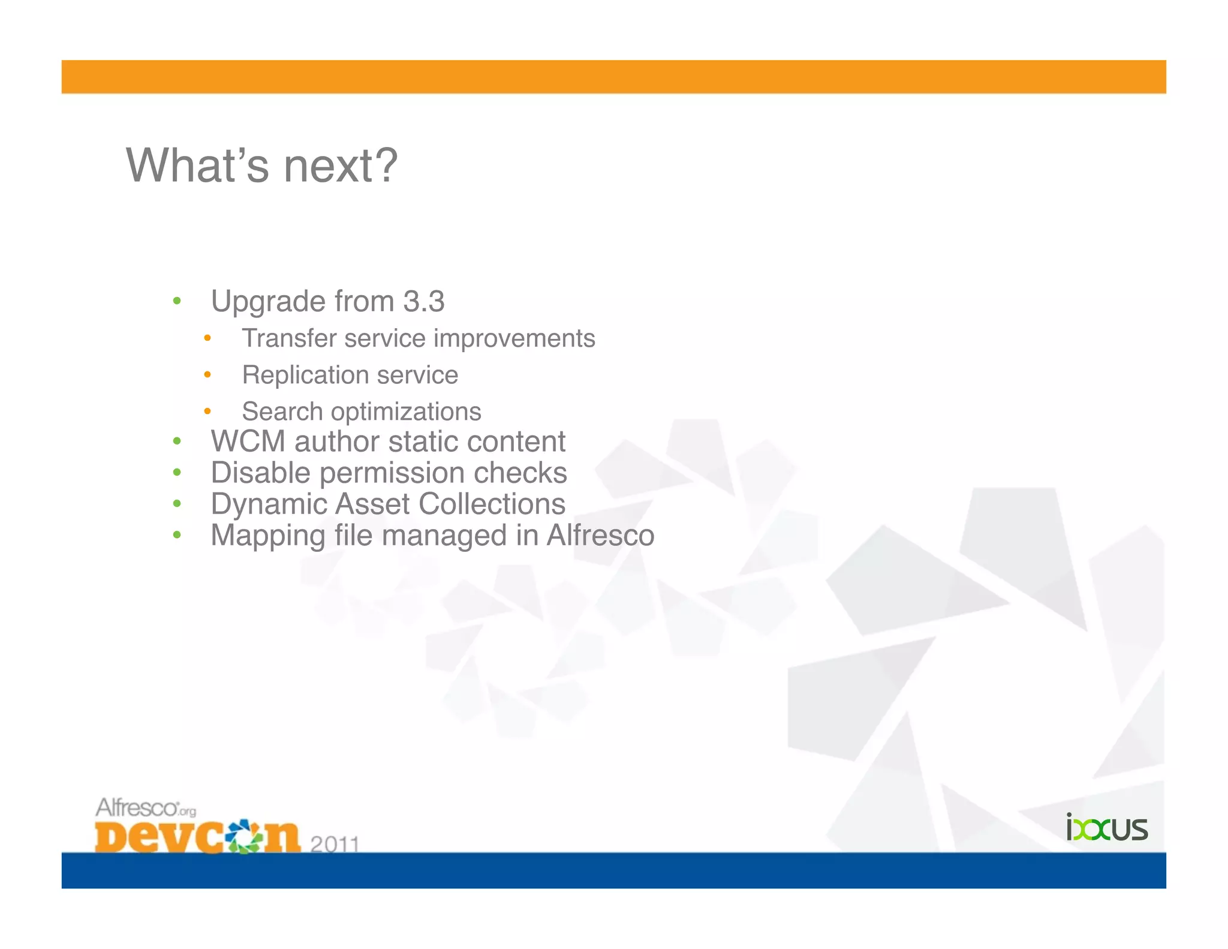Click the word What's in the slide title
(x=197, y=166)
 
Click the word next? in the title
(x=340, y=166)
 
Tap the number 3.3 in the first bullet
(x=423, y=301)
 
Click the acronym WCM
(x=248, y=442)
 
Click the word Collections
(x=492, y=504)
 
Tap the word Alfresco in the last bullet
(x=600, y=535)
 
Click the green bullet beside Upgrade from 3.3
(x=177, y=301)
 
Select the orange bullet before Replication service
(x=207, y=375)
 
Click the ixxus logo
(x=1107, y=827)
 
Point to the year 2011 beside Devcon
(x=335, y=845)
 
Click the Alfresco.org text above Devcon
(x=146, y=807)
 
